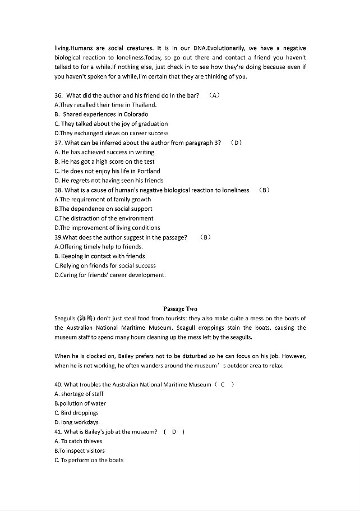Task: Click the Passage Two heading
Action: tap(180, 309)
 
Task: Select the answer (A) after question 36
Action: tap(214, 95)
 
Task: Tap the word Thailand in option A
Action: tap(145, 105)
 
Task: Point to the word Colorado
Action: tap(136, 114)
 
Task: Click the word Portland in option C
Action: tap(148, 171)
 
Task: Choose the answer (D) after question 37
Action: tap(236, 142)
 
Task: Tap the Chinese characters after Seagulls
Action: tap(86, 319)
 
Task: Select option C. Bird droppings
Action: tap(76, 413)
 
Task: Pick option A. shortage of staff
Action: tap(79, 394)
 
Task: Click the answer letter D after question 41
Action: tap(174, 432)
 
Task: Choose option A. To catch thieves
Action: tap(79, 441)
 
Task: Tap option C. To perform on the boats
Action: tap(89, 461)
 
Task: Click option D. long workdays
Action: tap(77, 422)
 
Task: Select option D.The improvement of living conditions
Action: tap(107, 228)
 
